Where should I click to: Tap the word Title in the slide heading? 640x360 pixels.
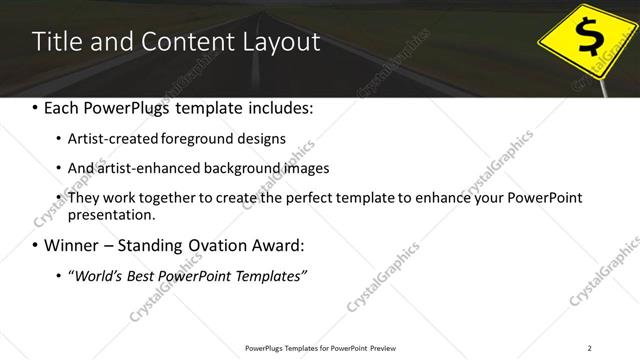click(x=53, y=42)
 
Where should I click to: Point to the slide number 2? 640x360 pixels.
click(x=590, y=347)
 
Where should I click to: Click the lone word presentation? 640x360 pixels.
click(x=111, y=214)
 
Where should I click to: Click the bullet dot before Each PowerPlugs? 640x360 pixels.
click(x=36, y=107)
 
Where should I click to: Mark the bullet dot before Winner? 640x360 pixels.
click(x=36, y=245)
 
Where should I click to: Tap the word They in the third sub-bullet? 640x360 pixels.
click(x=83, y=197)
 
